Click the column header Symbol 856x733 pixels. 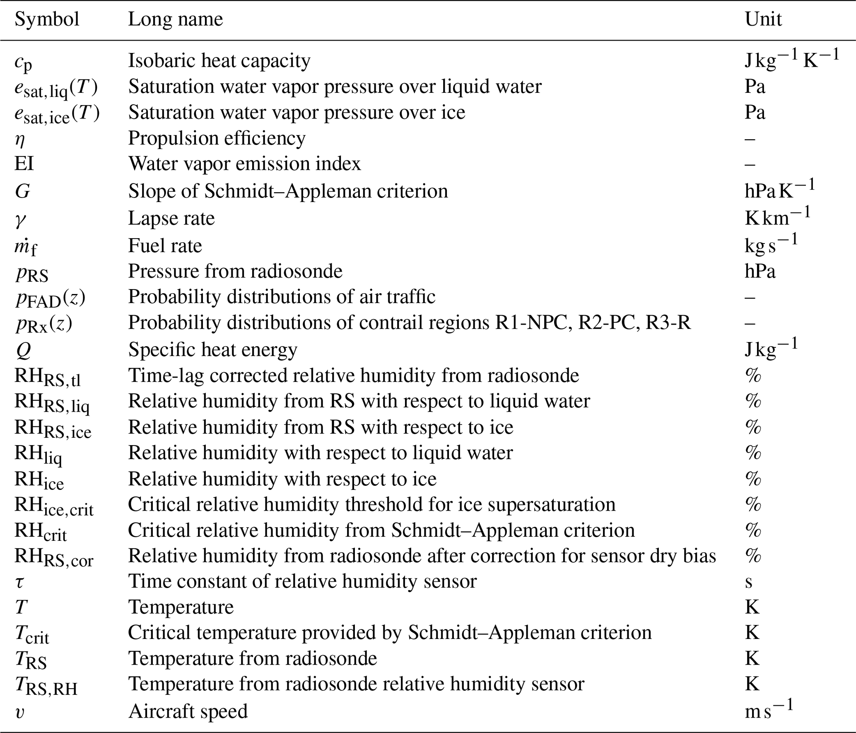coord(47,19)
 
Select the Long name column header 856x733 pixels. coord(175,19)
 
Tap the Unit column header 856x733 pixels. coord(763,19)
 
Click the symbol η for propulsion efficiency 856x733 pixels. coord(19,140)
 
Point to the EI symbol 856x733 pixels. coord(24,164)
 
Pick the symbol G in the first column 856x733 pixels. coord(22,191)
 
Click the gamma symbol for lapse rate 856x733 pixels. coord(20,219)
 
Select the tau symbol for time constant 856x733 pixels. coord(19,582)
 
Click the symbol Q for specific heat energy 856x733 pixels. coord(23,350)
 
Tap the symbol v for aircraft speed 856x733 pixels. coord(19,712)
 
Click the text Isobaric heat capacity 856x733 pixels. coord(219,61)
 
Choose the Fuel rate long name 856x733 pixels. coord(165,246)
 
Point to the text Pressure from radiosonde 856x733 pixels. coord(235,271)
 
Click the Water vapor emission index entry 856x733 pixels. coord(244,164)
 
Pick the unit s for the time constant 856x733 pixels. coord(748,582)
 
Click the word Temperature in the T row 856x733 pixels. coord(181,608)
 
